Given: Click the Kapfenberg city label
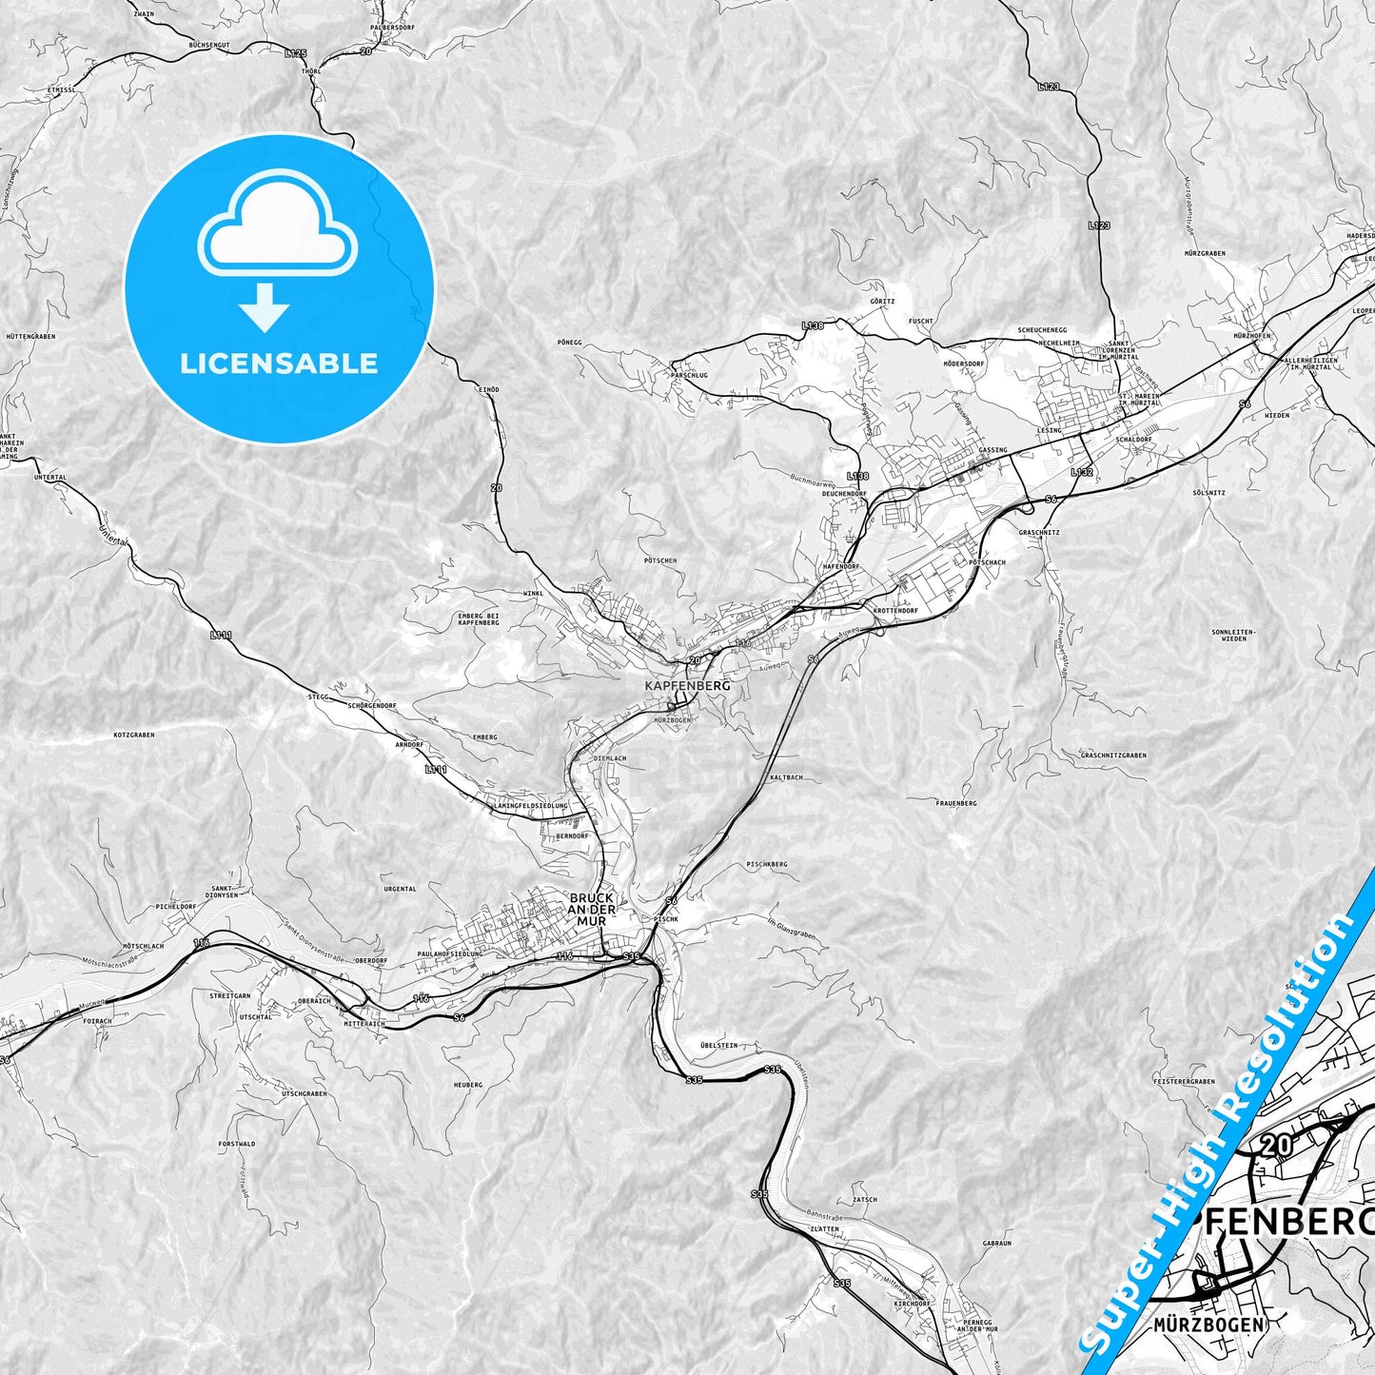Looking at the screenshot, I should (687, 685).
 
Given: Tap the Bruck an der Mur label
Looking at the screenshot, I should (592, 909).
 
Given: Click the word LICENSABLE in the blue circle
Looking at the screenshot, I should (279, 363).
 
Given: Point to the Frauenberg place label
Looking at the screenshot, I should (955, 803).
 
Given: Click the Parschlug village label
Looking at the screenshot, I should (689, 375).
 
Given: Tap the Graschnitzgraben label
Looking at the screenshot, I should (1113, 756).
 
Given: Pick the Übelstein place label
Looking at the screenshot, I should (718, 1045).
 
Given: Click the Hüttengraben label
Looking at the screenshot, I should (30, 337).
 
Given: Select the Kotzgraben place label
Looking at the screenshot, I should (133, 736).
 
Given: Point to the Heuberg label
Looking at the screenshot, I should (468, 1085).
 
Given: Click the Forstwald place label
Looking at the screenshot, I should (237, 1144).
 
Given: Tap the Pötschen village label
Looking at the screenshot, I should (660, 560).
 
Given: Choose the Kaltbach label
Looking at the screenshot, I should (787, 777).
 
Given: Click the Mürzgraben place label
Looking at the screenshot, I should (1205, 254).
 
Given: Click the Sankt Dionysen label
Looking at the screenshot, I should (223, 891).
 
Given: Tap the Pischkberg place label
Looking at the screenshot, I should (767, 865).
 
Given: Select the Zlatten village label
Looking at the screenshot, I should (824, 1228).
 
